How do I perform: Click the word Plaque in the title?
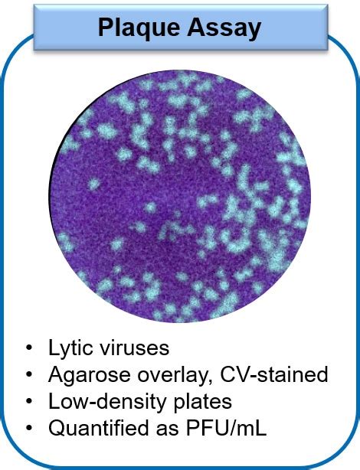tap(139, 28)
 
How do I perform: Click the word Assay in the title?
tap(224, 28)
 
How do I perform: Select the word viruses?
tap(133, 348)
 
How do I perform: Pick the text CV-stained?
tap(274, 374)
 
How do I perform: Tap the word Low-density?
tap(107, 402)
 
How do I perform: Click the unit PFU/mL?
tap(226, 428)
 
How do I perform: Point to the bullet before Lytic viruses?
tap(29, 348)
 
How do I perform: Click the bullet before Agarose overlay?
tap(29, 374)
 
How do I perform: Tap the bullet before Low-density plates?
tap(29, 401)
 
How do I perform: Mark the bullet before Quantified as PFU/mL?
tap(29, 428)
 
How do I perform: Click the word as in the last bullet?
tap(168, 430)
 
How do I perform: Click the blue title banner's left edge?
tap(34, 27)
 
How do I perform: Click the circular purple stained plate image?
tap(179, 196)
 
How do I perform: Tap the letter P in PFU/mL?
tap(192, 428)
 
